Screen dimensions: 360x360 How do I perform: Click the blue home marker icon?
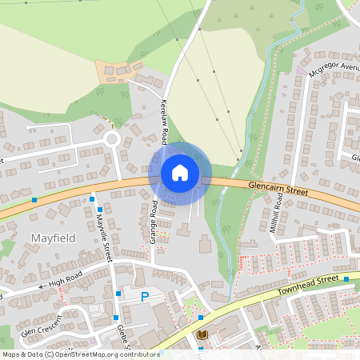tap(180, 172)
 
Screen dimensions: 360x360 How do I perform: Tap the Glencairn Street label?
tap(278, 189)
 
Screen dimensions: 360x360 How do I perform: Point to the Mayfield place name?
tap(52, 238)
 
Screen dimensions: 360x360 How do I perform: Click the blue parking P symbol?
tap(145, 298)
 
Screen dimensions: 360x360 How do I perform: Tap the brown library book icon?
tap(202, 334)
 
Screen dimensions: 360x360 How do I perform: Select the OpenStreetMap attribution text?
tap(80, 354)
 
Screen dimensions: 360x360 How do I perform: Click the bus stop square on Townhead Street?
tap(346, 279)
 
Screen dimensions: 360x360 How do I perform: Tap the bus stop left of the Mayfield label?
tap(34, 199)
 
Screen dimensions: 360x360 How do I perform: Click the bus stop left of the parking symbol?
tap(118, 294)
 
